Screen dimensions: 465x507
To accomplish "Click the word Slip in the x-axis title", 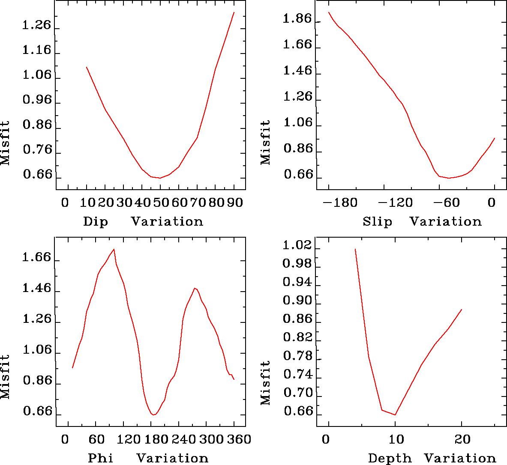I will (377, 222).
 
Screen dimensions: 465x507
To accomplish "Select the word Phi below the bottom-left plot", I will (101, 458).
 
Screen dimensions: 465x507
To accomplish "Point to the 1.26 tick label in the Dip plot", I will (36, 26).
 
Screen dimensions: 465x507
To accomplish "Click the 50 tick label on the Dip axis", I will (160, 202).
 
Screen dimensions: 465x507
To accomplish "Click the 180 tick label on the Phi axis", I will (153, 439).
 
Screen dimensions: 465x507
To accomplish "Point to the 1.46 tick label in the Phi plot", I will (36, 289).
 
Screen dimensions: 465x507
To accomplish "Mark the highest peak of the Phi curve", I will (114, 249).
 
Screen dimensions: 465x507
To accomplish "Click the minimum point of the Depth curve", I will (395, 414).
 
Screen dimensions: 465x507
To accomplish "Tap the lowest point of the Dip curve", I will (160, 178).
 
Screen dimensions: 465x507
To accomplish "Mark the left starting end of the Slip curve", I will (329, 12).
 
